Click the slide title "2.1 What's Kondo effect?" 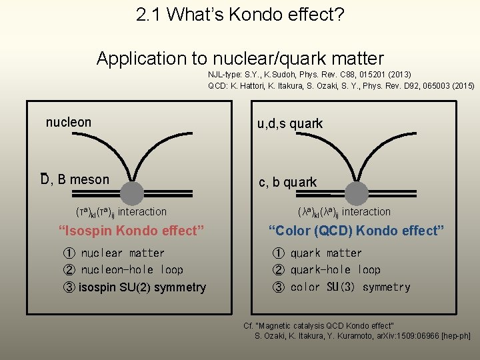coord(240,15)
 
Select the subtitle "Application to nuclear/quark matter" coord(240,58)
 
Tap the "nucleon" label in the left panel coord(69,122)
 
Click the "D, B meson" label coord(75,179)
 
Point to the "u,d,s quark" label coord(290,123)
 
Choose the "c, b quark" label coord(288,182)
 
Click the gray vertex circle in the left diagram coord(133,193)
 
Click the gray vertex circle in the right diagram coord(357,193)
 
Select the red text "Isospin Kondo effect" coord(131,231)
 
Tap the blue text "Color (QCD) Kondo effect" coord(356,231)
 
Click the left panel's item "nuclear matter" coord(122,253)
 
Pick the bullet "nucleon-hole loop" coord(131,270)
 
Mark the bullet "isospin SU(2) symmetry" coord(141,287)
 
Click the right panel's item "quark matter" coord(325,253)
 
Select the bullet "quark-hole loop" coord(335,270)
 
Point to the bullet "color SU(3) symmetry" coord(349,287)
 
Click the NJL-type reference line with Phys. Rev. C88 coord(309,75)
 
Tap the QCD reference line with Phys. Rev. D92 coord(341,85)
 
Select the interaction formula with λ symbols coord(344,212)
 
